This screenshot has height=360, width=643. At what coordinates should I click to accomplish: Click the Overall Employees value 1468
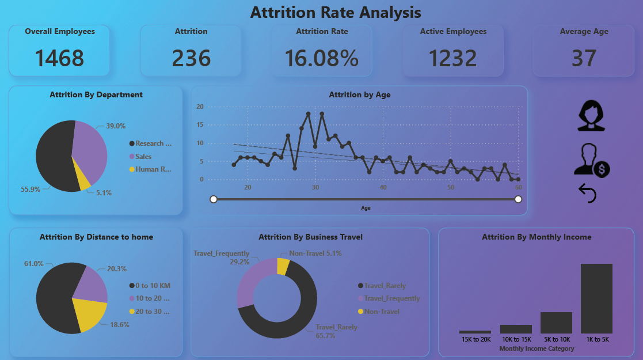pos(59,58)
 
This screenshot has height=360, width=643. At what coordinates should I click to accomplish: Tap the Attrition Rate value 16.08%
pos(321,58)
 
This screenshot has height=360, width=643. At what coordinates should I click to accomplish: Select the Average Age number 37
pos(584,58)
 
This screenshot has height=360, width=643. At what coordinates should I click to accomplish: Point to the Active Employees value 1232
pos(452,58)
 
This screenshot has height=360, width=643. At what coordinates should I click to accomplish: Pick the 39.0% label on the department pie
pos(116,126)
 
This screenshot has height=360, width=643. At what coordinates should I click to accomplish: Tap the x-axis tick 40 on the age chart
pos(383,188)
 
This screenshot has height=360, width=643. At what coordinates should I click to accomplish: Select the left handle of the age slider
pos(214,199)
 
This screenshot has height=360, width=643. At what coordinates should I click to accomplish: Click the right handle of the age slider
pos(518,199)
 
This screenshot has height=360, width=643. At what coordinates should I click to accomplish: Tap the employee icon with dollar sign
pos(591,160)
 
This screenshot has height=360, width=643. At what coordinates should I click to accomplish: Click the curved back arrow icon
pos(587,194)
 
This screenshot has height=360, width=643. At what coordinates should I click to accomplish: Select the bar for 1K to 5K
pos(596,298)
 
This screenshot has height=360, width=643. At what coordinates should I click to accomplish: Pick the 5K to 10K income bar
pos(556,323)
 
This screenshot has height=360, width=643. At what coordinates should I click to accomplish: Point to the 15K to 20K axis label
pos(475,340)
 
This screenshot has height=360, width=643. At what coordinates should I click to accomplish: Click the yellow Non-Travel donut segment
pos(283,266)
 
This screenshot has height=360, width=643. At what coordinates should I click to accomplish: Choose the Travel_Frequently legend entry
pos(391,298)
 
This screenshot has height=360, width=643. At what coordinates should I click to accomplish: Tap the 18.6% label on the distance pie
pos(120,324)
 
